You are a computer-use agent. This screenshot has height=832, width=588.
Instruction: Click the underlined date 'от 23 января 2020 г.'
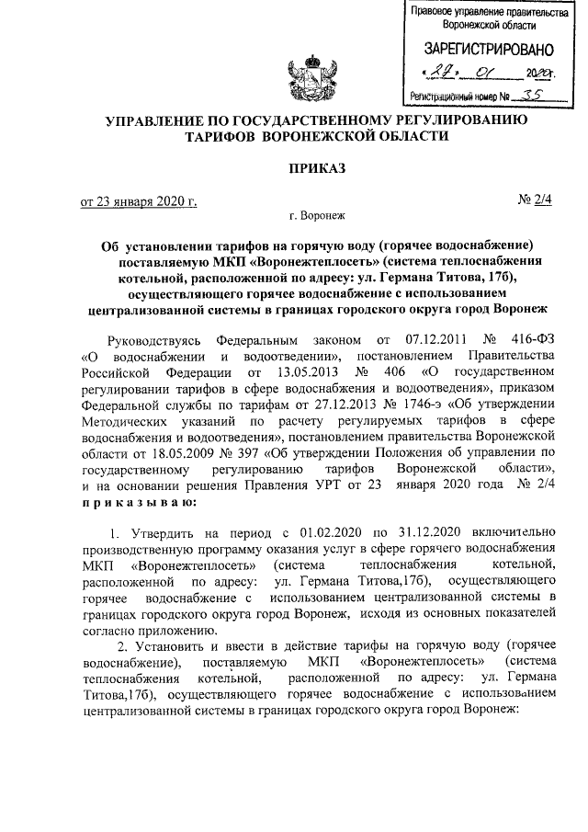tap(136, 200)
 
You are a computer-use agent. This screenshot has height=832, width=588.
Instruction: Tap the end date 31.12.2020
tap(412, 532)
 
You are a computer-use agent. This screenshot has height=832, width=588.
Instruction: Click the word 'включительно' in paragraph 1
tap(510, 532)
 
